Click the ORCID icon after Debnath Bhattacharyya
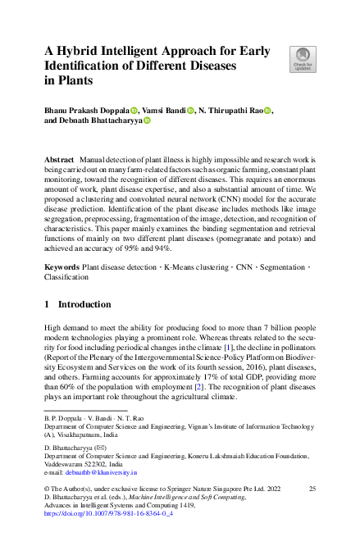click(x=148, y=121)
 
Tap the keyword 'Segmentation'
click(x=288, y=267)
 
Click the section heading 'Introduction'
click(x=81, y=304)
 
